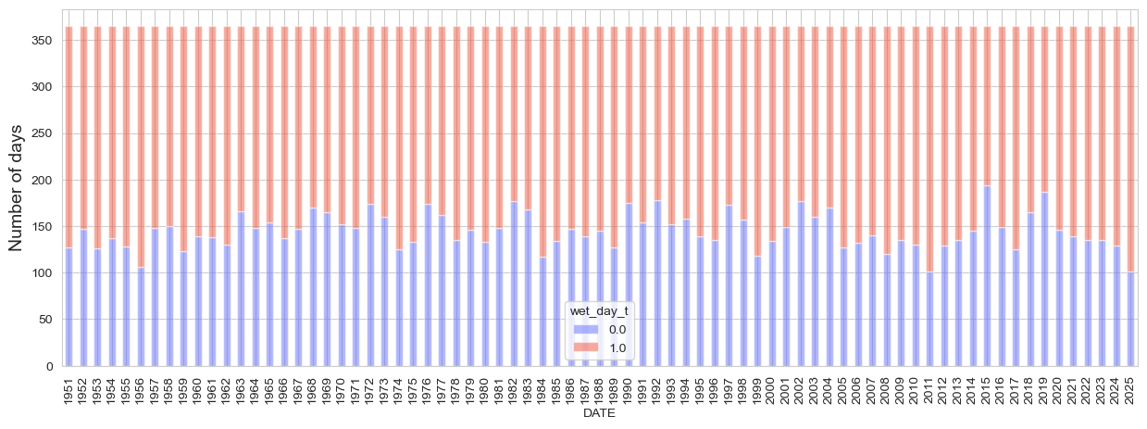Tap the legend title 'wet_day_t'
(601, 311)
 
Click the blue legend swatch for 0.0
(586, 329)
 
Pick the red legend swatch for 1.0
(586, 347)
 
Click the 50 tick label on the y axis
(45, 320)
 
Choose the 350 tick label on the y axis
(42, 41)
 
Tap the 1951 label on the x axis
(69, 391)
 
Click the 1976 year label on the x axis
(427, 391)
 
